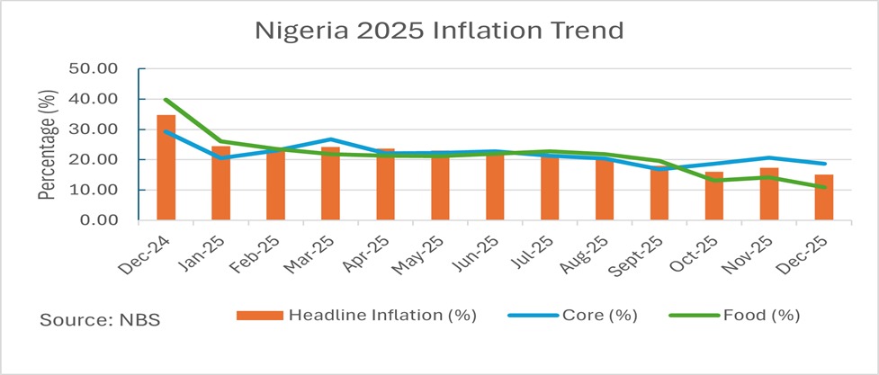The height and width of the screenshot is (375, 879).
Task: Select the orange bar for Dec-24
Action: click(166, 167)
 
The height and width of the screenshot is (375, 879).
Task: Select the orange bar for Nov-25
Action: click(768, 193)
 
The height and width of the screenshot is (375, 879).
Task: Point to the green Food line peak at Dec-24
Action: click(166, 100)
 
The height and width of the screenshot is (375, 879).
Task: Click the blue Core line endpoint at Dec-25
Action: click(823, 164)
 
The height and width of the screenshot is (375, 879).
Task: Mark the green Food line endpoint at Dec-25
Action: click(823, 187)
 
